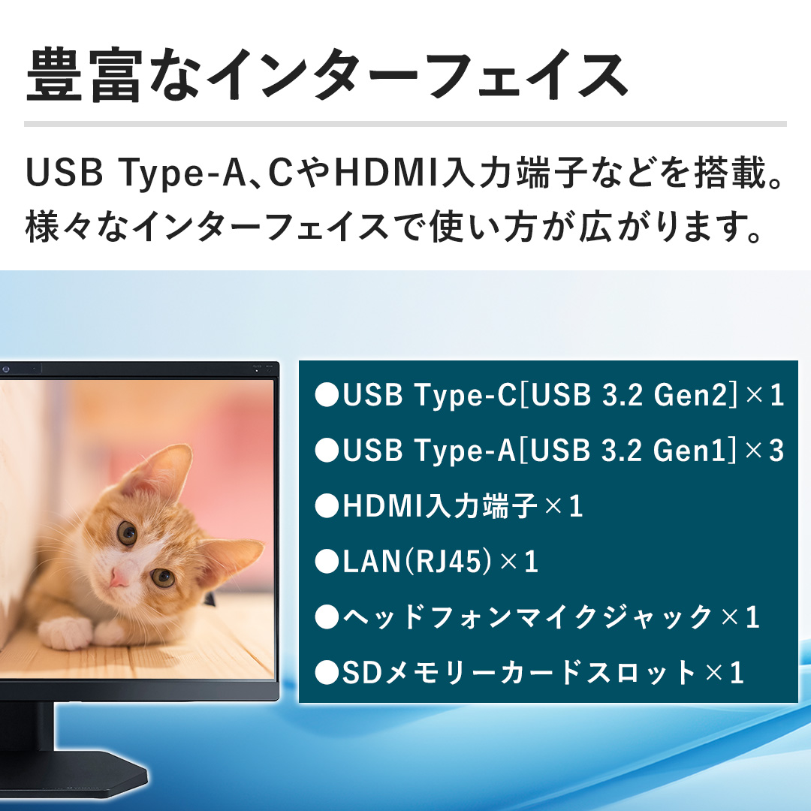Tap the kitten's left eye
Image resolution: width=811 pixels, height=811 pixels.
coord(127,532)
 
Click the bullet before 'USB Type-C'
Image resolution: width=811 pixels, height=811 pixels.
coord(327,396)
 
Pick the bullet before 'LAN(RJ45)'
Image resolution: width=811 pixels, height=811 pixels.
coord(327,562)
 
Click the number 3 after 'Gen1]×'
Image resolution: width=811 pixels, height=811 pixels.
coord(776,451)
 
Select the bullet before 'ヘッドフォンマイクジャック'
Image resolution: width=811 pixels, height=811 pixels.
coord(327,617)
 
